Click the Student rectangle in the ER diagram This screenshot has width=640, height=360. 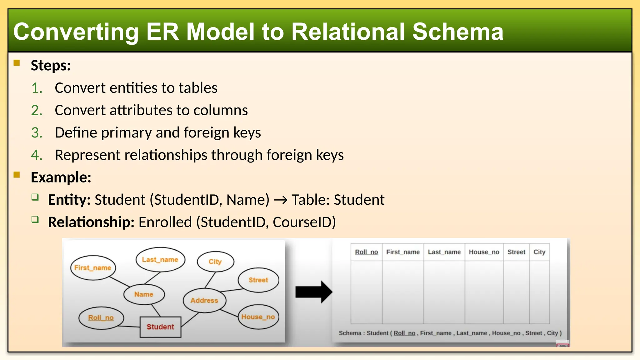click(x=160, y=327)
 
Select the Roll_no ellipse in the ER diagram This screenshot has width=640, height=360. click(x=101, y=318)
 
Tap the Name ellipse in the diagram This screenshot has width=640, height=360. click(x=144, y=294)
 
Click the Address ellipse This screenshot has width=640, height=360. click(x=204, y=300)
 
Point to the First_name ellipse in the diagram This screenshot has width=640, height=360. click(x=93, y=268)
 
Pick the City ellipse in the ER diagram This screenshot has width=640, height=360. click(x=215, y=262)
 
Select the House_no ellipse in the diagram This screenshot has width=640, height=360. click(x=258, y=317)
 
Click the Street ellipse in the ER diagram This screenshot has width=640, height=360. click(x=258, y=280)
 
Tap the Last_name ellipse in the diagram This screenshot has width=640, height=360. click(x=160, y=260)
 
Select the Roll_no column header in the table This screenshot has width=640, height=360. click(x=366, y=252)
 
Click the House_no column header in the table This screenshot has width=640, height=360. click(x=484, y=252)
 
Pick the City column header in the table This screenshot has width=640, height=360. click(x=539, y=252)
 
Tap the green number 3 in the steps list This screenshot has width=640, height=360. click(x=36, y=132)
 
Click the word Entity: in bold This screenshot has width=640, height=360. click(x=69, y=200)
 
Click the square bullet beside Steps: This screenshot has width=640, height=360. click(x=17, y=63)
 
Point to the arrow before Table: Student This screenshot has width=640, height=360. click(x=280, y=200)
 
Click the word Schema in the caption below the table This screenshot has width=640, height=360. click(x=350, y=333)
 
